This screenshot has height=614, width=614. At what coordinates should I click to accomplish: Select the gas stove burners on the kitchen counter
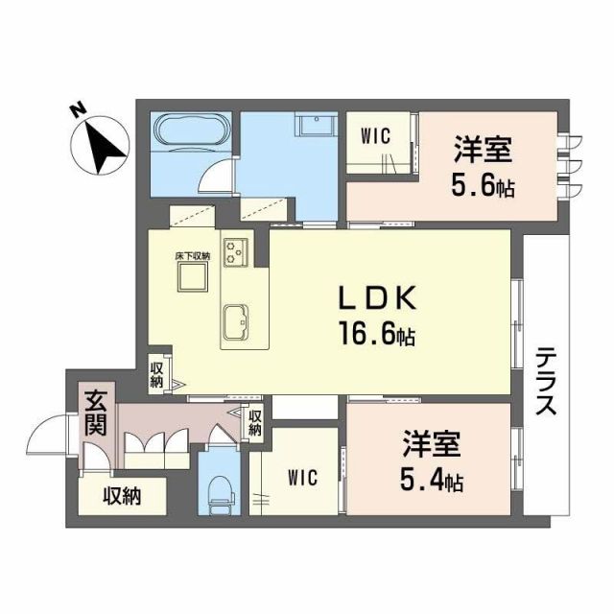pyautogui.click(x=236, y=252)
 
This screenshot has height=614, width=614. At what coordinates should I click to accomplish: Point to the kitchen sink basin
pyautogui.click(x=237, y=319)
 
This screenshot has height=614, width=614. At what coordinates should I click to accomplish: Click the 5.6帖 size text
pyautogui.click(x=484, y=183)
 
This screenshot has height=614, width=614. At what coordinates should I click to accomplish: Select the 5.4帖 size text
pyautogui.click(x=431, y=479)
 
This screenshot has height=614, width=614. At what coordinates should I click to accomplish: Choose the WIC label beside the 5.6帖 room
pyautogui.click(x=375, y=135)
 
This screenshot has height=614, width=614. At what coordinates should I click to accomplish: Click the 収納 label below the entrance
pyautogui.click(x=123, y=496)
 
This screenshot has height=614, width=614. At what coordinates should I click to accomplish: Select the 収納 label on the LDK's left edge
pyautogui.click(x=157, y=373)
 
